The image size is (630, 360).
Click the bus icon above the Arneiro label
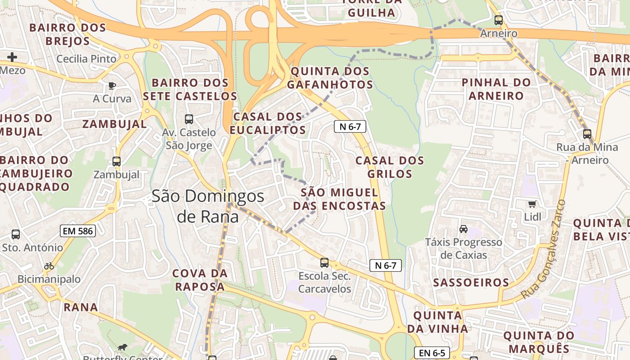498,20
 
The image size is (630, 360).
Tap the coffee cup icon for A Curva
112,85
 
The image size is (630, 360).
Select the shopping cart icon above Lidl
532,204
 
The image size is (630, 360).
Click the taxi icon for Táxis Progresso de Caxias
463,229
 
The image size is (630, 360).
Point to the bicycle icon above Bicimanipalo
49,266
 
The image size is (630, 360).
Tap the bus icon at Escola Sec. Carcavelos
324,263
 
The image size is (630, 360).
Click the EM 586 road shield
77,231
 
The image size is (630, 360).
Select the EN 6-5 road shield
432,353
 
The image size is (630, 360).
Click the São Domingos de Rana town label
207,206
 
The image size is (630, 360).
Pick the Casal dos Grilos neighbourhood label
390,167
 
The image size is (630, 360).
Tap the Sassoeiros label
471,283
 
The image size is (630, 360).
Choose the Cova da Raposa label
200,280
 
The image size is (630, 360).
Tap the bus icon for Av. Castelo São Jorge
189,119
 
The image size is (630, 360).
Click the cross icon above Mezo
12,57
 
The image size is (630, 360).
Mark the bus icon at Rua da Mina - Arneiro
587,134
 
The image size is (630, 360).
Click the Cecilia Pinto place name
86,59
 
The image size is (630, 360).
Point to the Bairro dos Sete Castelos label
190,90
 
